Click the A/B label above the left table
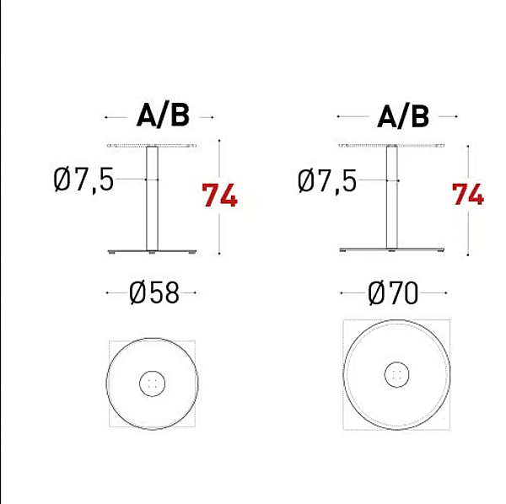(163, 115)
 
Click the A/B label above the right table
(403, 115)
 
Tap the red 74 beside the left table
(220, 195)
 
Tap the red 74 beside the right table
(468, 194)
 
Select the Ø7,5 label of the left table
(83, 180)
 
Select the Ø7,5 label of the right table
(327, 180)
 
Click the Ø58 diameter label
(154, 292)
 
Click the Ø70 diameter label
(393, 292)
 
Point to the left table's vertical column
(152, 198)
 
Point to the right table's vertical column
(392, 196)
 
